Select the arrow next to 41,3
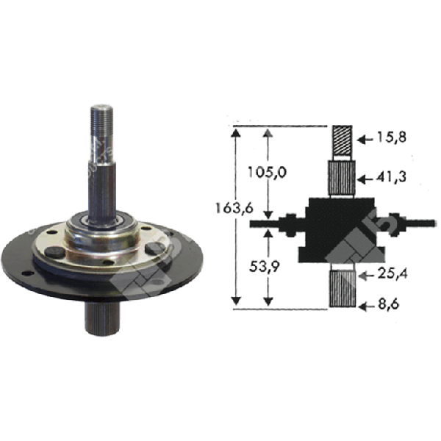pyautogui.click(x=363, y=179)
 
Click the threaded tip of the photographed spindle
pyautogui.click(x=101, y=121)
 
